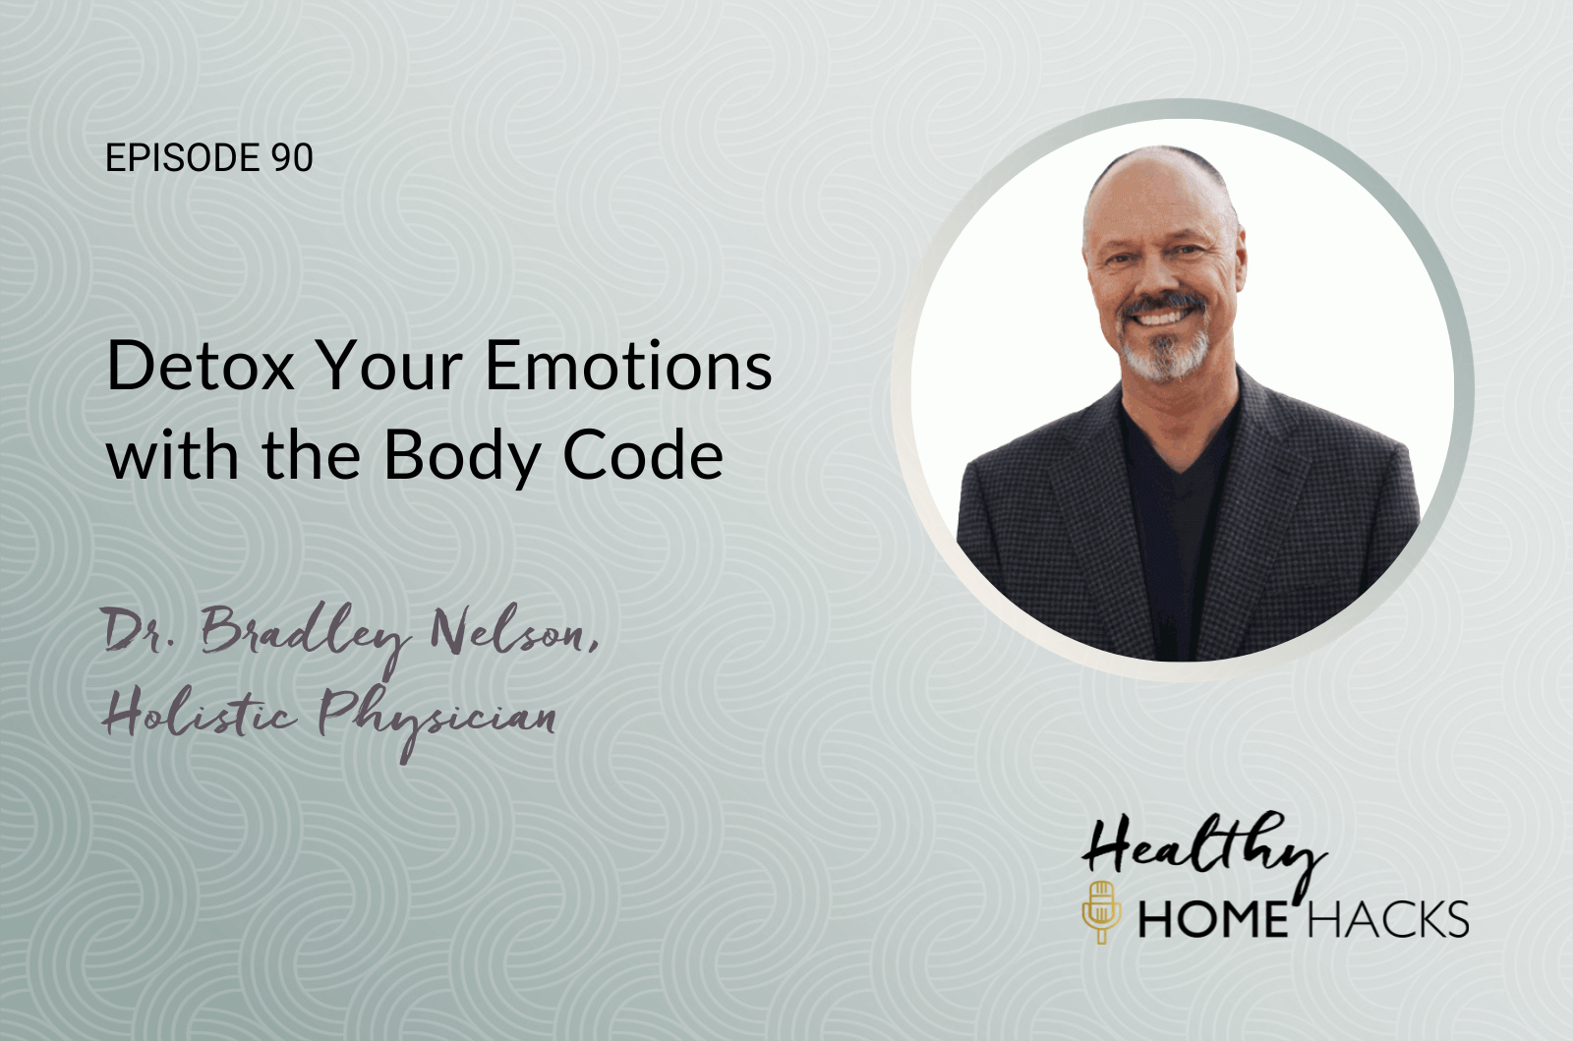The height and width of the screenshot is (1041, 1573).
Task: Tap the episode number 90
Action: (291, 157)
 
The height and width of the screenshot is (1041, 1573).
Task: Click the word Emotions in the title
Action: (628, 366)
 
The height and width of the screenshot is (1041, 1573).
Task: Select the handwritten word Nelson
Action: (515, 631)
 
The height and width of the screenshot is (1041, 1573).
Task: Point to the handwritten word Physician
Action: (437, 719)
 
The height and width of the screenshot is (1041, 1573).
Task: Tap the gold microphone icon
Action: (1101, 911)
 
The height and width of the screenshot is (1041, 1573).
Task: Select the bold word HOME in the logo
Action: (1213, 919)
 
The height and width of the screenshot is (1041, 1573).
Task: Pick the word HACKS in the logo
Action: (1388, 919)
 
